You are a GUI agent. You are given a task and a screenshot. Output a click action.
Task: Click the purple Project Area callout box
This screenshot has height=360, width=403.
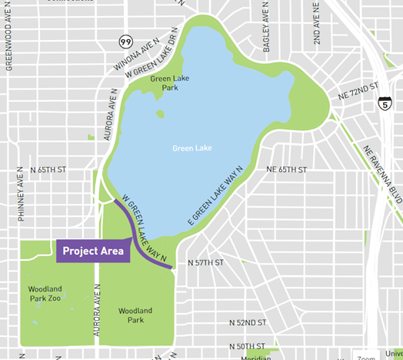93,251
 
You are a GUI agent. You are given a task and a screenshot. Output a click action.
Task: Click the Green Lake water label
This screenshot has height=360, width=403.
192,148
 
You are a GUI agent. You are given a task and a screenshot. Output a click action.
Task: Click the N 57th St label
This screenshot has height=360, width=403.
205,263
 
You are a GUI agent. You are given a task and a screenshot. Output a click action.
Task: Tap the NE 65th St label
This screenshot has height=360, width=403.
286,169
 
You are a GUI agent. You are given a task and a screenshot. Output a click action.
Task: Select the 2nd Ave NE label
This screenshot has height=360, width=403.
316,22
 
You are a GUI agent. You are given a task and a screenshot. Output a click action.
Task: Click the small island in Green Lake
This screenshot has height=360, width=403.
159,114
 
